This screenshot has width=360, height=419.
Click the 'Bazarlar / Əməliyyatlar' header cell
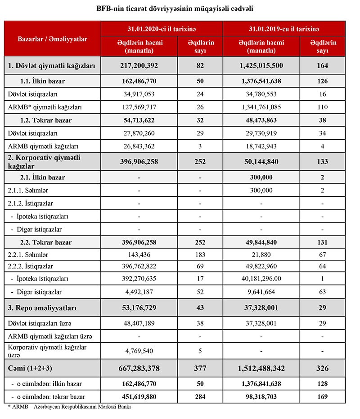pos(52,39)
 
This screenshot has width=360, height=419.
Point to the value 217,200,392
pos(139,66)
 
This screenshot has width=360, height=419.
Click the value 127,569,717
pos(139,107)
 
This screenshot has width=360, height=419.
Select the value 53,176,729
pos(139,308)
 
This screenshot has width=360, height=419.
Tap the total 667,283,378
pos(139,369)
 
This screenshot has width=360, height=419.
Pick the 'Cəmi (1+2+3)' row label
pos(31,369)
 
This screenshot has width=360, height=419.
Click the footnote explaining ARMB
pos(69,407)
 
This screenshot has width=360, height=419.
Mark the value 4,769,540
pos(139,351)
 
